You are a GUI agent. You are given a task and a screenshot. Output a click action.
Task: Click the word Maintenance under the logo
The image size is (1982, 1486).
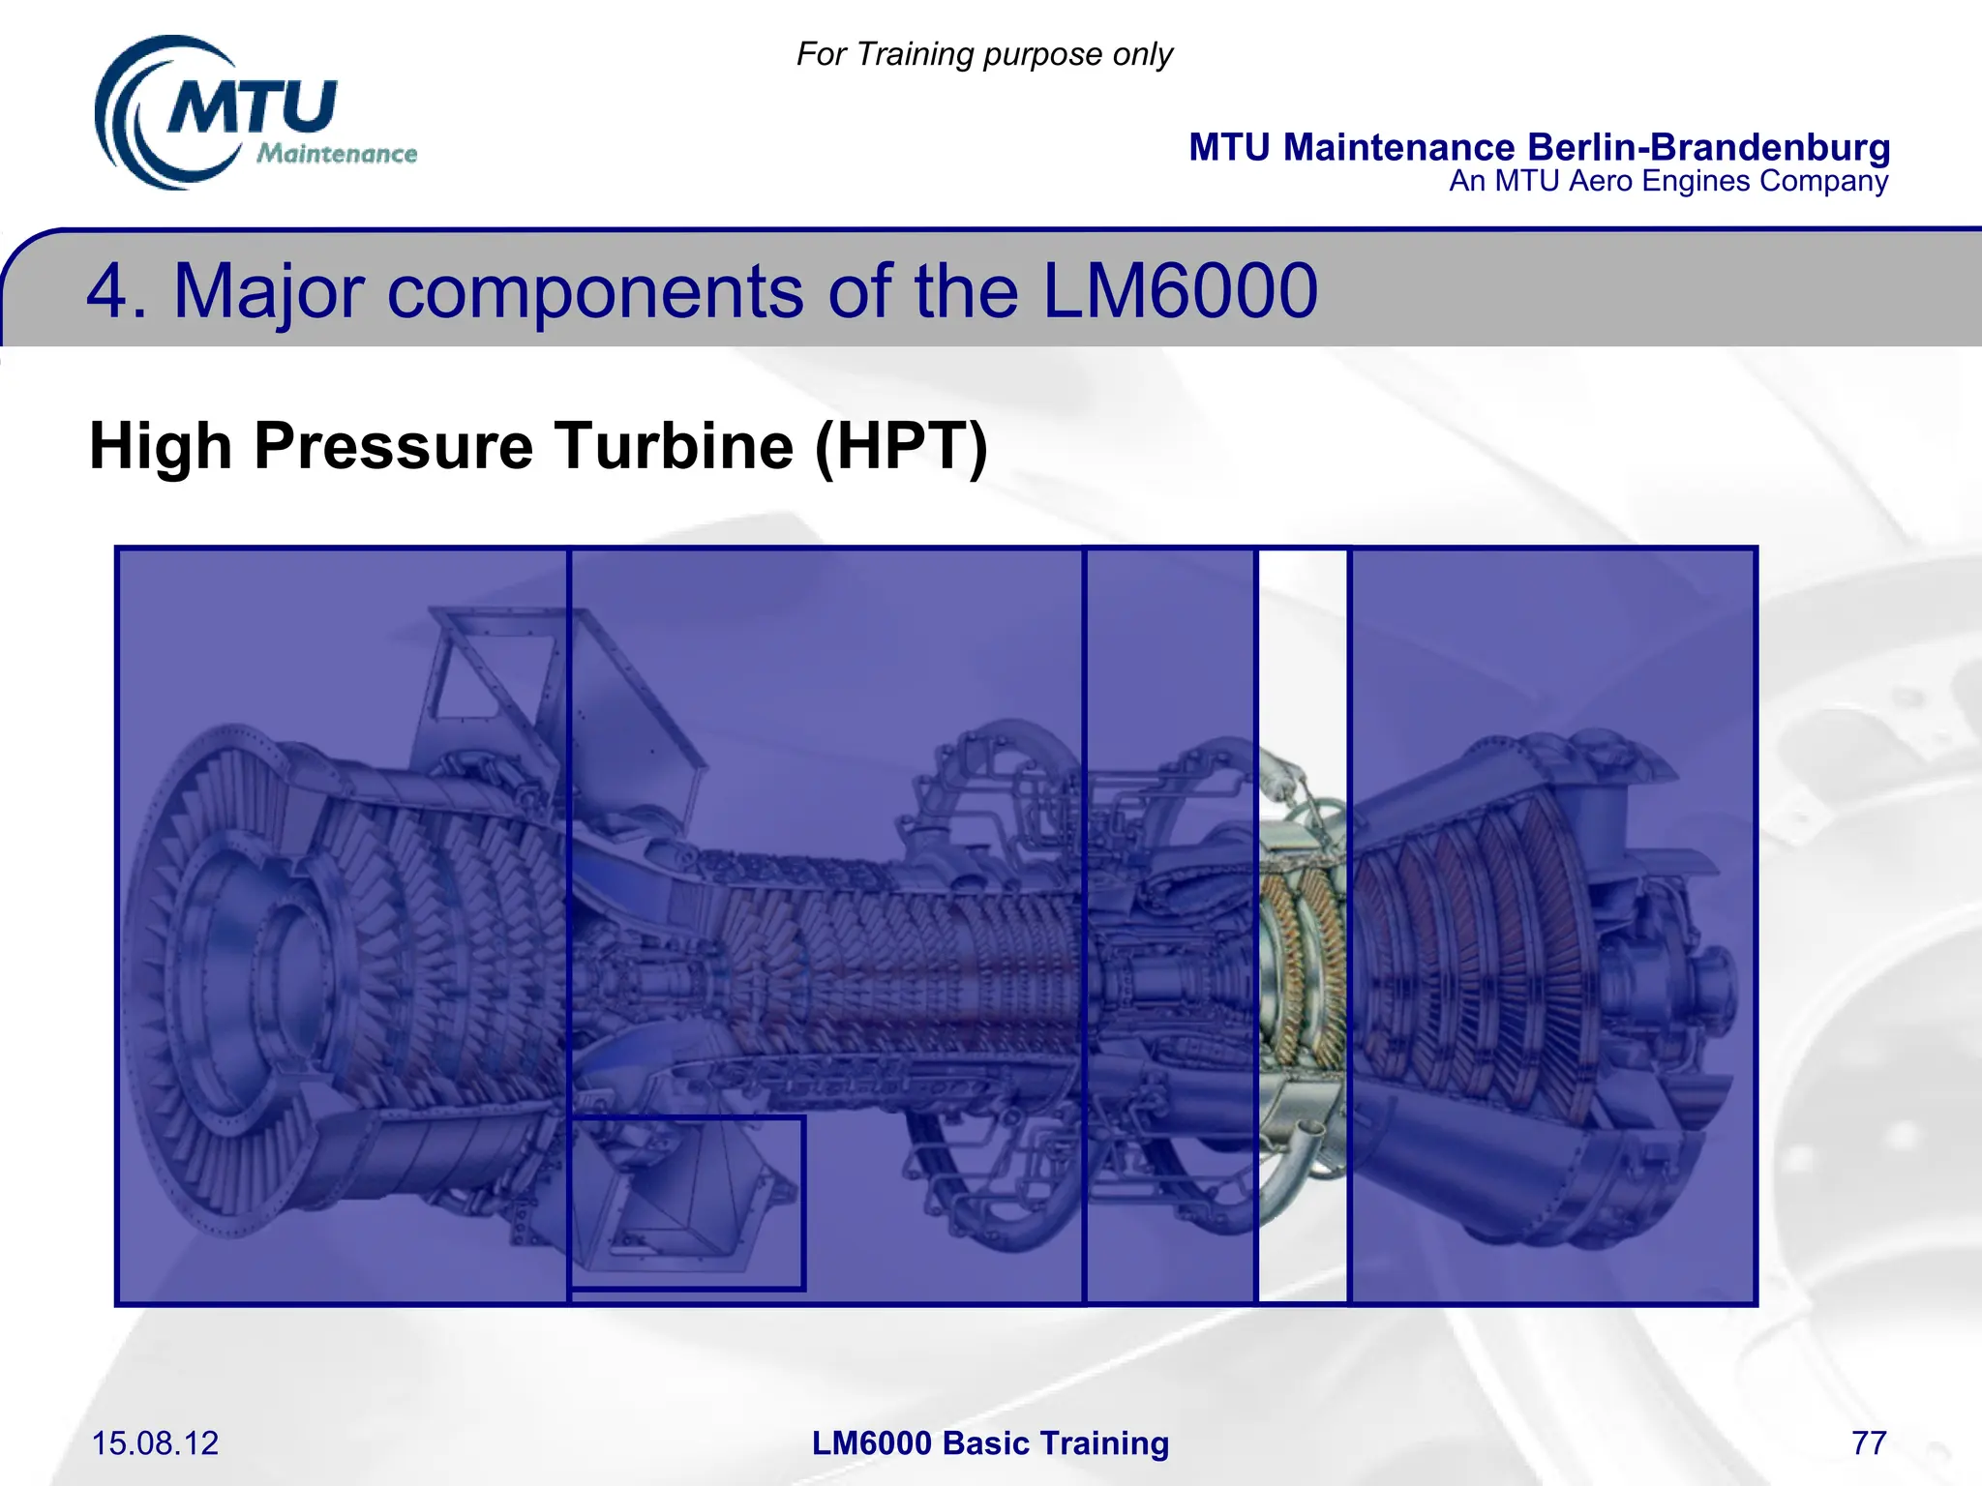pyautogui.click(x=337, y=154)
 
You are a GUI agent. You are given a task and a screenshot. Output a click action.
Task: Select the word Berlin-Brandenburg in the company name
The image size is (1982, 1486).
pyautogui.click(x=1708, y=147)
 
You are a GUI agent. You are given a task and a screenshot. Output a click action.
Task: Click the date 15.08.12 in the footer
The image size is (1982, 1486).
pyautogui.click(x=155, y=1443)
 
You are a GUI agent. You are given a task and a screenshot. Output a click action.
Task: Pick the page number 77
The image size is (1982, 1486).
pyautogui.click(x=1868, y=1443)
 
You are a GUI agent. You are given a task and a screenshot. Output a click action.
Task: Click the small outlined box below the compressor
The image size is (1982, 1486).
pyautogui.click(x=686, y=1204)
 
